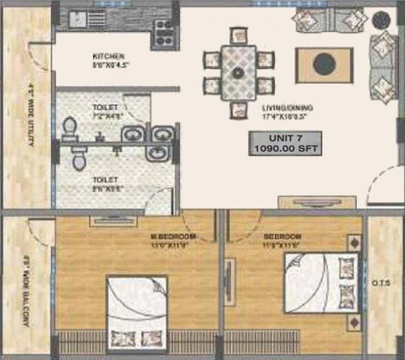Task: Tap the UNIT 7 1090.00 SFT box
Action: (x=285, y=143)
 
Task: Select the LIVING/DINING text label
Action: (x=287, y=108)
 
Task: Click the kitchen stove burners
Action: (x=164, y=33)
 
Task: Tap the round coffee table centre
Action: (x=324, y=65)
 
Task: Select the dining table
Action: (x=238, y=72)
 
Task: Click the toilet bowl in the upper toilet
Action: (x=70, y=127)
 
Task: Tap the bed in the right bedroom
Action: (x=321, y=283)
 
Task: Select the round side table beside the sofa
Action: (x=381, y=20)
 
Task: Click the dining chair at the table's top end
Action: (x=238, y=36)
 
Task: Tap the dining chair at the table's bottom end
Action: (x=238, y=110)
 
